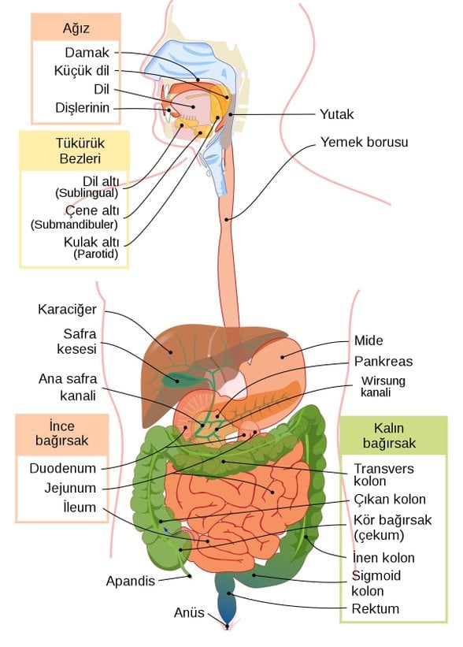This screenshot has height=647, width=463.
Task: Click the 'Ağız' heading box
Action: click(76, 28)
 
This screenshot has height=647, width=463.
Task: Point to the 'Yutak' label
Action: click(336, 114)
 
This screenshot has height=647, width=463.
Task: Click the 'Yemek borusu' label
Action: click(365, 143)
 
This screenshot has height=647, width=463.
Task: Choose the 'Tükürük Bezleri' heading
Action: click(74, 151)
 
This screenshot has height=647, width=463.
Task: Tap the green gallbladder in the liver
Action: click(171, 378)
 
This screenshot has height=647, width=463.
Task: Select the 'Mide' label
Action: click(369, 341)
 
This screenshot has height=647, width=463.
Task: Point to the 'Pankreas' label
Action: click(383, 362)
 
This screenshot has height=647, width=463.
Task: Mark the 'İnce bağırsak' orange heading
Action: click(61, 433)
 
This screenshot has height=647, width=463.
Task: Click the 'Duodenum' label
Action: click(62, 468)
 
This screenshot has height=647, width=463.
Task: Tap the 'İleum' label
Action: click(80, 508)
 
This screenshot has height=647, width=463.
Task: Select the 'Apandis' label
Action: click(131, 581)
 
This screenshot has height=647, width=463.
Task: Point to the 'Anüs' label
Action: click(189, 612)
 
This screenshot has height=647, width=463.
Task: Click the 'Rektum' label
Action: click(376, 608)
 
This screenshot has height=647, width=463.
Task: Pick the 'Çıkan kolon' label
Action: click(389, 499)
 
